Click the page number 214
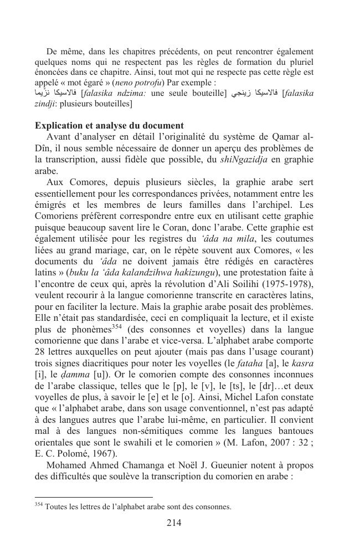click(x=174, y=523)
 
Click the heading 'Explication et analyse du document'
click(x=109, y=126)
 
